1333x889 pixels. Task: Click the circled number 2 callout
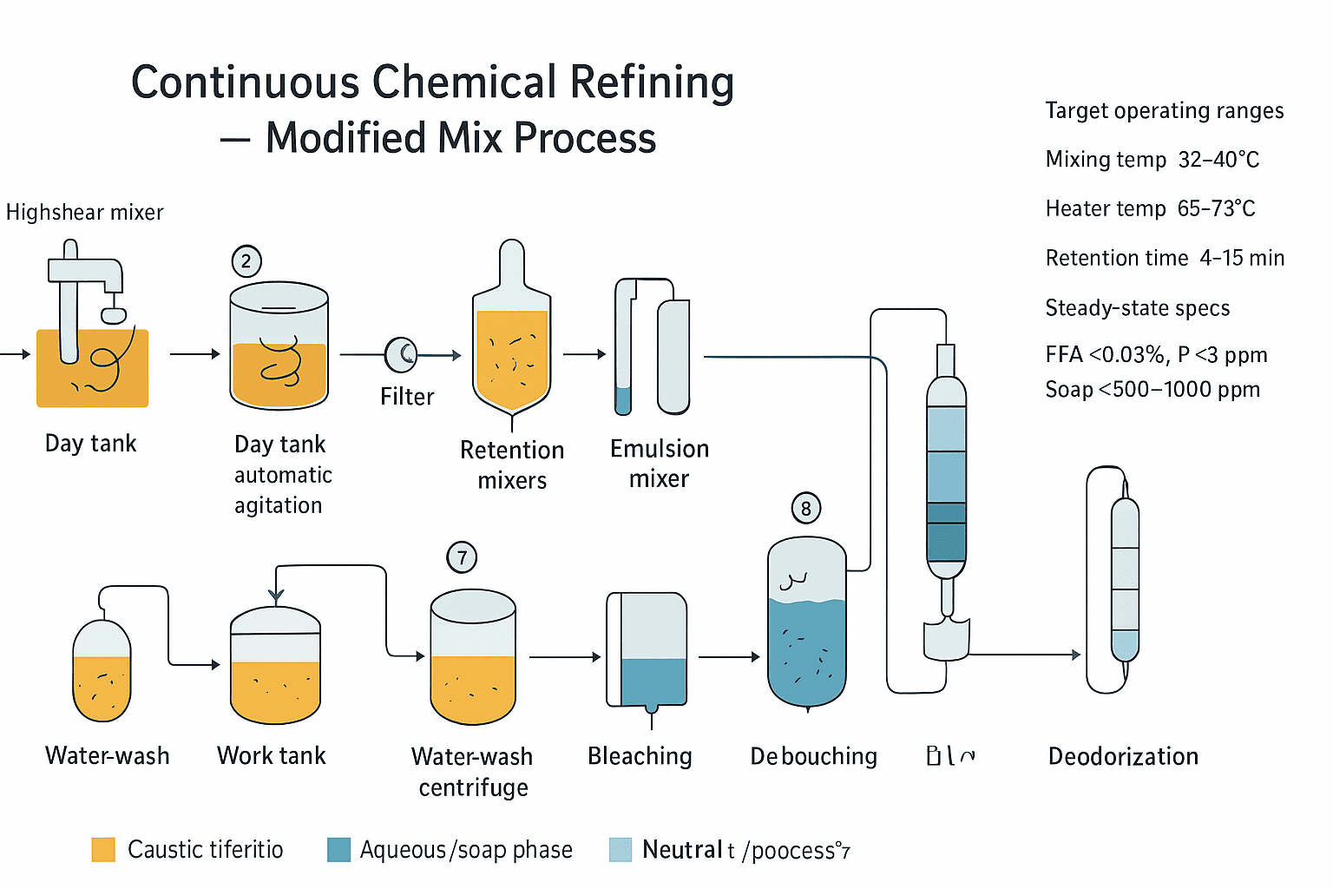tap(246, 261)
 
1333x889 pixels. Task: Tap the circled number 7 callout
tap(462, 557)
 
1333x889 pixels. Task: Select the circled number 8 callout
tap(805, 508)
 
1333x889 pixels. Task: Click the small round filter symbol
tap(401, 353)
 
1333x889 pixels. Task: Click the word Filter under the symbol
tap(407, 397)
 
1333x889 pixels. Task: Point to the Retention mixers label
tap(512, 465)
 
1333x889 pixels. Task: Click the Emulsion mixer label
tap(660, 464)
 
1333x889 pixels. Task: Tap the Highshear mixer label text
tap(85, 213)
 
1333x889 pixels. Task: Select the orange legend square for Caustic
tap(103, 849)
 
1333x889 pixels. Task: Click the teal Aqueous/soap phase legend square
tap(338, 849)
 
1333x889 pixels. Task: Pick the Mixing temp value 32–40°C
tap(1218, 160)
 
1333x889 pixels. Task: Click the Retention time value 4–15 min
tap(1242, 259)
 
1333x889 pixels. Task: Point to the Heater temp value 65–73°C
tap(1216, 209)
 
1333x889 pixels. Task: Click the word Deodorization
tap(1123, 756)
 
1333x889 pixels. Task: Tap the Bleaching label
tap(640, 756)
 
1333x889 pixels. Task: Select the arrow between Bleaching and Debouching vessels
tap(729, 657)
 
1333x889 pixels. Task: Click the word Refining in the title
tap(652, 83)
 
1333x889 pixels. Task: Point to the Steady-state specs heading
tap(1137, 308)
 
